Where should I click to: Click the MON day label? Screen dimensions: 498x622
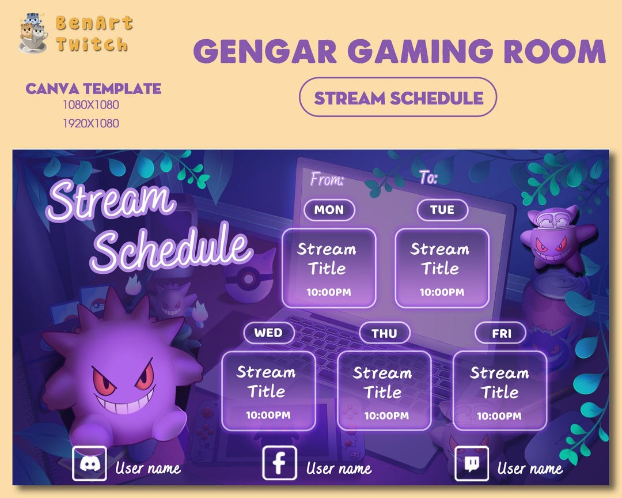[x=329, y=210]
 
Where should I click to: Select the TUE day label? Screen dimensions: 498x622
[x=442, y=210]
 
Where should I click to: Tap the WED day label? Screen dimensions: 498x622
[x=268, y=333]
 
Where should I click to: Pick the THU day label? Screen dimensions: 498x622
[x=384, y=333]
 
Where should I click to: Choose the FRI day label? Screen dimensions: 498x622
[x=500, y=333]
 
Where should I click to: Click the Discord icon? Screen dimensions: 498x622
[x=89, y=463]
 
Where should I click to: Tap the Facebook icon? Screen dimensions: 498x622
[x=279, y=463]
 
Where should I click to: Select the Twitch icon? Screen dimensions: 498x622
[x=471, y=463]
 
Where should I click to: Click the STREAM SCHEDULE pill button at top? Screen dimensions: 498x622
[x=398, y=97]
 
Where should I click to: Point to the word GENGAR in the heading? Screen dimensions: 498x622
[x=266, y=52]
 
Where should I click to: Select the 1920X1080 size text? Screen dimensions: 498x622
[x=91, y=123]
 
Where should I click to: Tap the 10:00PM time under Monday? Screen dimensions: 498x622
[x=328, y=292]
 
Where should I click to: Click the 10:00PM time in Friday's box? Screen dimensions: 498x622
[x=499, y=416]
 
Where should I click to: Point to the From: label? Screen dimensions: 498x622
[x=327, y=179]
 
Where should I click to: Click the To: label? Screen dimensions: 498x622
[x=428, y=178]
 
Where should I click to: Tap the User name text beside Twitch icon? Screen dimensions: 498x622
[x=530, y=469]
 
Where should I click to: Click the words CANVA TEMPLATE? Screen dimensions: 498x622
[x=93, y=89]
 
